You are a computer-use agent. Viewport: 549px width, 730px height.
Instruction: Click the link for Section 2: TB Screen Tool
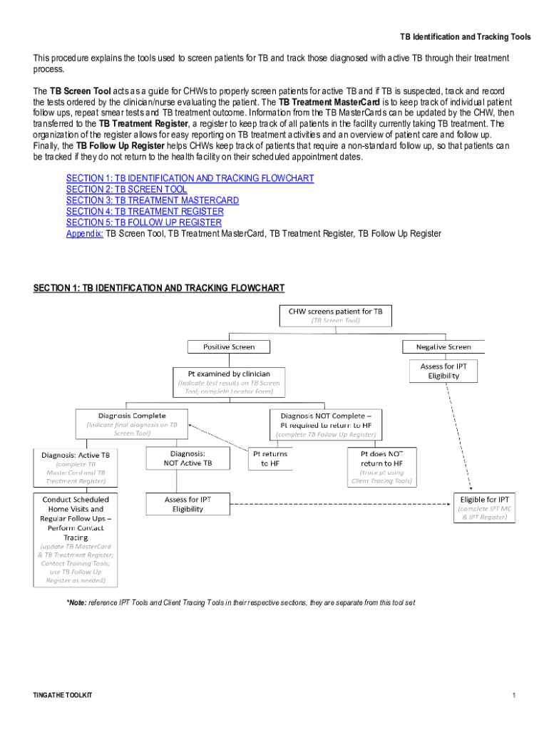pos(126,189)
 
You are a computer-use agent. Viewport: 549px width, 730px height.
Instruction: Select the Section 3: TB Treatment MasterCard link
pos(152,200)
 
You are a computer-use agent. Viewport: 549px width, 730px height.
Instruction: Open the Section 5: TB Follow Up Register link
pos(143,222)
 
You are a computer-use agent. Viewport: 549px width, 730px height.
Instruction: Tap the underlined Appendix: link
pos(85,233)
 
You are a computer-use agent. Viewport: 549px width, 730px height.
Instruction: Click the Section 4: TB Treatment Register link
pos(145,211)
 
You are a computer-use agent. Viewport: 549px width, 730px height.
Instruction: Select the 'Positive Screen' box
pos(220,346)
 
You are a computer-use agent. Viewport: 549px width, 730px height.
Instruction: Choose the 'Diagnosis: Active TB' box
pos(76,467)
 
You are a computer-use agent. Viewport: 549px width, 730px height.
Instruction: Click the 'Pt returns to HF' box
pos(270,458)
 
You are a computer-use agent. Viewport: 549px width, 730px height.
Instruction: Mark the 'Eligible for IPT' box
pos(483,508)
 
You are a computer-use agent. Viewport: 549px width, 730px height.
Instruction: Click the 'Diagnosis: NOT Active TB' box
pos(188,458)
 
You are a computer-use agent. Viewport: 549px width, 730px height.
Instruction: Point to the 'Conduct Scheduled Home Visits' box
pos(76,538)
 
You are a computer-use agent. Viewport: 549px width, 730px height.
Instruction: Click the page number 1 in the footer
pos(513,695)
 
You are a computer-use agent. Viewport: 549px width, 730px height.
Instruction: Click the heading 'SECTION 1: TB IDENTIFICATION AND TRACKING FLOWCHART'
pos(159,288)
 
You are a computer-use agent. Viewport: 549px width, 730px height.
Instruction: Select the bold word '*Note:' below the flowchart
pos(76,602)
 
